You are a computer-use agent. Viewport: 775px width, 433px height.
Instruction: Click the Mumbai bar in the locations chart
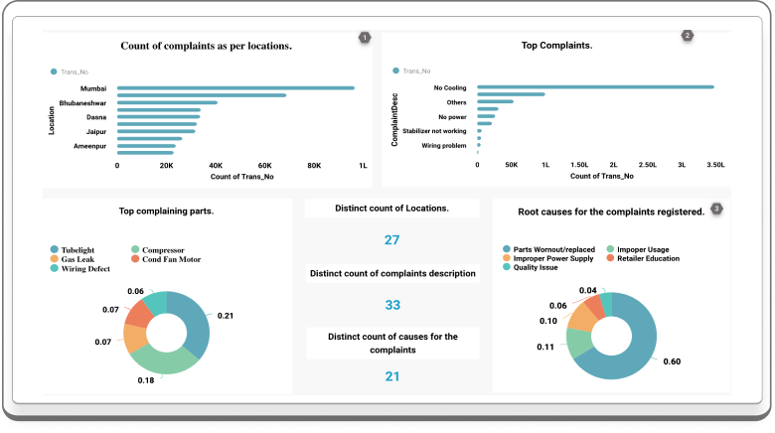coord(235,87)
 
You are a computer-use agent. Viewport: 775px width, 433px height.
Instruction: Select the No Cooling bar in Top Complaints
coord(595,86)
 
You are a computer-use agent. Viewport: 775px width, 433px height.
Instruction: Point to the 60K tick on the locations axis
coord(264,166)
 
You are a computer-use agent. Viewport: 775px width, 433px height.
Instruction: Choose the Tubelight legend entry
coord(77,248)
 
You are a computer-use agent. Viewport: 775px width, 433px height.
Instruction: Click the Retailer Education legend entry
coord(647,258)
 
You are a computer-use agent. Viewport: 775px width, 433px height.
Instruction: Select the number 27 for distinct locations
coord(391,239)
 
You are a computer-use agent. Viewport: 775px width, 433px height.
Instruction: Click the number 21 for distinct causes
coord(391,375)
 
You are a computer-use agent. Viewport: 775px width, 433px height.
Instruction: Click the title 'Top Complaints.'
coord(556,46)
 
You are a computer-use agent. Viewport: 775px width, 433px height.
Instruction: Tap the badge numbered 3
coord(717,209)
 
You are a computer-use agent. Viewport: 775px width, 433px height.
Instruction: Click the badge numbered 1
coord(365,38)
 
